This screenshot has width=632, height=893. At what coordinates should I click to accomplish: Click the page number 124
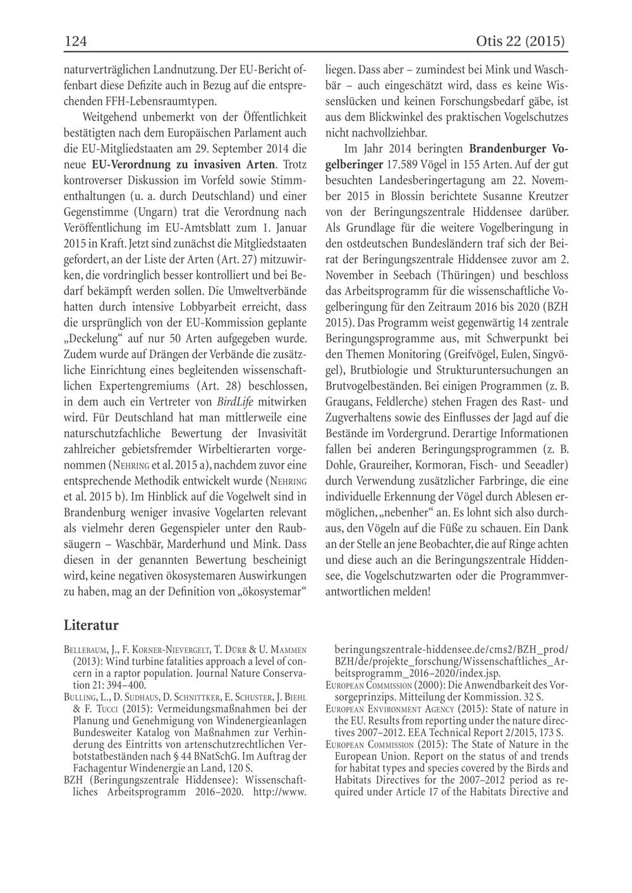click(x=75, y=42)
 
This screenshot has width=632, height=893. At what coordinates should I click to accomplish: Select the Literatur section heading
click(x=91, y=625)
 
